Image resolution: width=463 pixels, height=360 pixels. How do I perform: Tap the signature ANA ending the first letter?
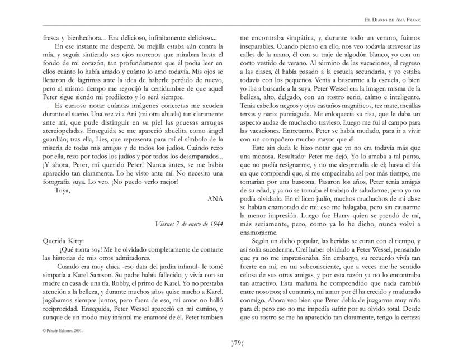click(215, 198)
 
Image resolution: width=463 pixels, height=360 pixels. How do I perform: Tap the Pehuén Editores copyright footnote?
click(63, 330)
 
